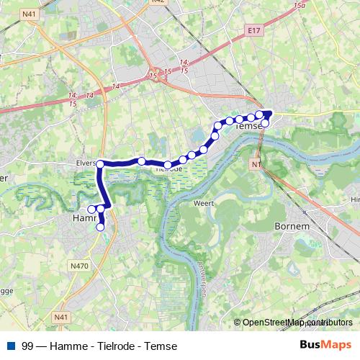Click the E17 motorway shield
251,31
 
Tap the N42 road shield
159,2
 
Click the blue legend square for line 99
10,346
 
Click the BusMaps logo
325,346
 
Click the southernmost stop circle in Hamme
100,227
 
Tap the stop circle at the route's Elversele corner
101,164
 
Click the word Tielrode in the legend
118,346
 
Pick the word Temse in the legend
162,346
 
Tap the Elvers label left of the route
85,163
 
